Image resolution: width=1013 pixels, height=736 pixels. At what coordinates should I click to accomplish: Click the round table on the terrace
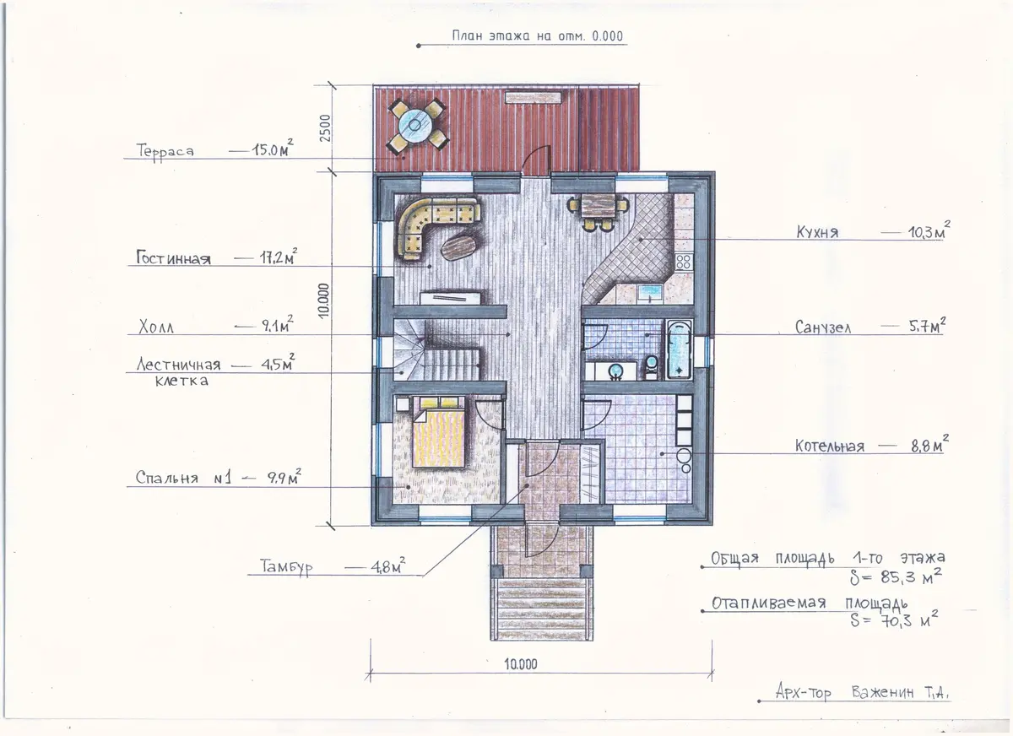(x=416, y=124)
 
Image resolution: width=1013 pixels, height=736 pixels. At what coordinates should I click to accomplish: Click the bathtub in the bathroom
(x=679, y=349)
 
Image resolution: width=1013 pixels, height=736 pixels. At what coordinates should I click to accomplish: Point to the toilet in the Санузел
(x=651, y=366)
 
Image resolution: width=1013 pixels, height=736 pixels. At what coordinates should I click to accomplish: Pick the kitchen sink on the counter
(x=650, y=294)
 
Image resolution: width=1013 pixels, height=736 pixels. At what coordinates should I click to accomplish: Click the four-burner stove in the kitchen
(x=683, y=262)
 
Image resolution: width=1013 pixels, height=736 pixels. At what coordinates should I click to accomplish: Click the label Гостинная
(x=174, y=258)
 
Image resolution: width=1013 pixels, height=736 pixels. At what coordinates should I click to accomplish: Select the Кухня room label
(x=817, y=232)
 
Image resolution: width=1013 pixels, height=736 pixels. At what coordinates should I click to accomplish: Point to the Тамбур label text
(x=286, y=567)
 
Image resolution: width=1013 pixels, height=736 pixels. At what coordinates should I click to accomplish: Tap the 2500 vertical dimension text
(x=325, y=128)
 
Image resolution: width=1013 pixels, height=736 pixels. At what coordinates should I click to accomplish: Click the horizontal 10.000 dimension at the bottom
(x=521, y=664)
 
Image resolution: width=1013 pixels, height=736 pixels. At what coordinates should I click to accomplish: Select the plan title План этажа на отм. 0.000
(x=538, y=36)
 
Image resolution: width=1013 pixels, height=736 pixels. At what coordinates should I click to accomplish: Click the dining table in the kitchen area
(x=597, y=206)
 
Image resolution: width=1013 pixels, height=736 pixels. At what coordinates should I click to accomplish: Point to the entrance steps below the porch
(x=542, y=609)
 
